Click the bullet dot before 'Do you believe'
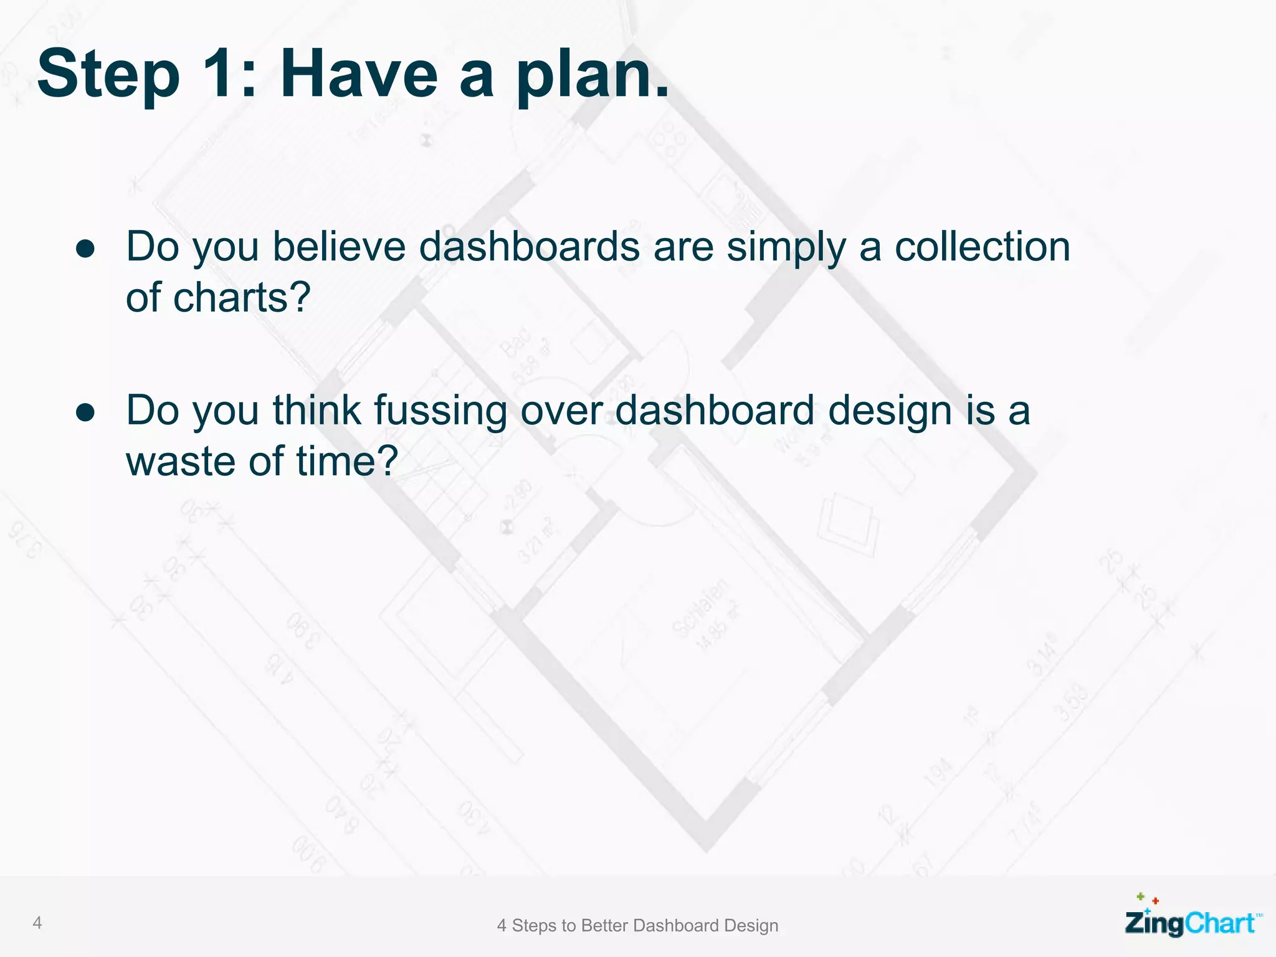click(x=85, y=249)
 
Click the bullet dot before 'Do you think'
click(x=85, y=412)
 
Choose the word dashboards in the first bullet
click(x=529, y=247)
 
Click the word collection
click(x=982, y=247)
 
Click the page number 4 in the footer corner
click(x=37, y=923)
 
